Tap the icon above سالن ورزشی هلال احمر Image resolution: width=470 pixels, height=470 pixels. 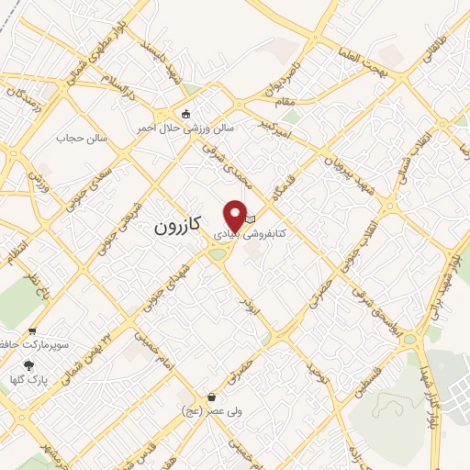(187, 115)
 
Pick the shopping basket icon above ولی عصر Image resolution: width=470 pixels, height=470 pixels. (212, 397)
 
